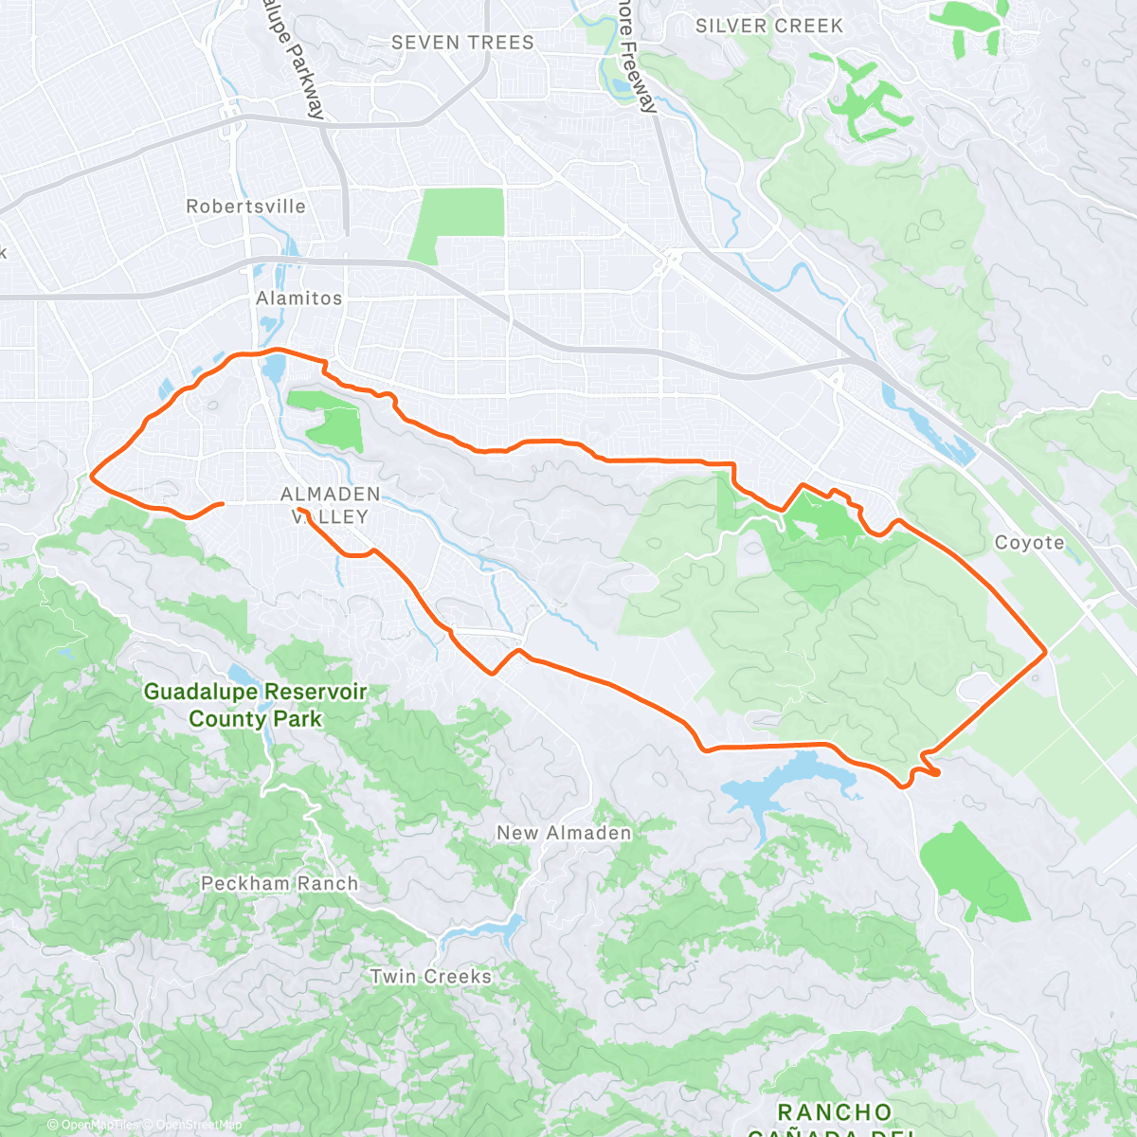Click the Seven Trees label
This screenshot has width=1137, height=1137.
click(x=462, y=43)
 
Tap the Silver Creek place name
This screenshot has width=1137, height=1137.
click(x=768, y=27)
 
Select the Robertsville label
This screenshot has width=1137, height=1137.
click(x=245, y=207)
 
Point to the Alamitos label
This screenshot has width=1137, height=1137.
click(x=298, y=298)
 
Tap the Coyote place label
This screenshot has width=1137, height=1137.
click(x=1029, y=543)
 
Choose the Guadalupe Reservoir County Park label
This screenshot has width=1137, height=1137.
click(x=255, y=705)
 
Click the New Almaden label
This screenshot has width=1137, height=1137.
click(x=564, y=833)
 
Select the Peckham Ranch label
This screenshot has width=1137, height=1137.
click(x=280, y=883)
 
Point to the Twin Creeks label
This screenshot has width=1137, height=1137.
click(x=431, y=976)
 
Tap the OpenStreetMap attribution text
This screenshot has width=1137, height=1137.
click(x=193, y=1125)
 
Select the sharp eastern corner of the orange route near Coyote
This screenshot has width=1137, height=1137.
click(x=1045, y=651)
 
